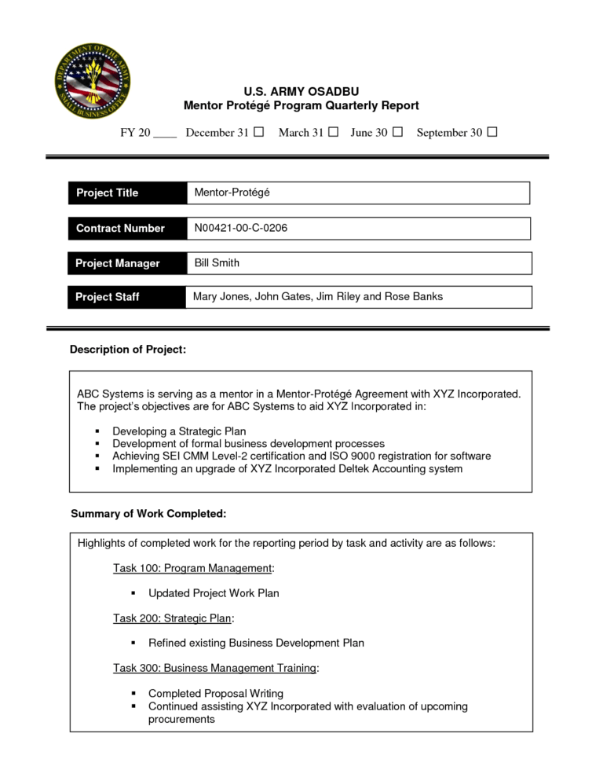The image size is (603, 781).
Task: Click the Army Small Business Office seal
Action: [92, 79]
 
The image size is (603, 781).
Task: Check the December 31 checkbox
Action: [258, 132]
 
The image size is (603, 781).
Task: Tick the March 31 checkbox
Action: [333, 132]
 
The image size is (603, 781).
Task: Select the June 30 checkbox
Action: [397, 132]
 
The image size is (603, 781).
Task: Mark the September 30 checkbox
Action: [492, 132]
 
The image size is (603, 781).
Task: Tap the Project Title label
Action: [107, 192]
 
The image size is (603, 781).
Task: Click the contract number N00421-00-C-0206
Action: [241, 228]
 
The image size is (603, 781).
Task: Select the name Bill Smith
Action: [217, 262]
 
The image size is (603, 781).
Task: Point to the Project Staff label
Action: [107, 297]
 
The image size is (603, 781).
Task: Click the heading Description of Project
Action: [128, 349]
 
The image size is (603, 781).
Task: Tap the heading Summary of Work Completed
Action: [148, 514]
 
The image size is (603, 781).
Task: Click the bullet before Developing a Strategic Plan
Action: [97, 431]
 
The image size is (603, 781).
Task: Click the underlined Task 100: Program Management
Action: [192, 567]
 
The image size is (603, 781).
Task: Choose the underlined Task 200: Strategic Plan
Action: [173, 618]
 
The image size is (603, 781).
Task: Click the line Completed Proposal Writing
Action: [216, 693]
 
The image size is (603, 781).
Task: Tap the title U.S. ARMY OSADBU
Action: [301, 91]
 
